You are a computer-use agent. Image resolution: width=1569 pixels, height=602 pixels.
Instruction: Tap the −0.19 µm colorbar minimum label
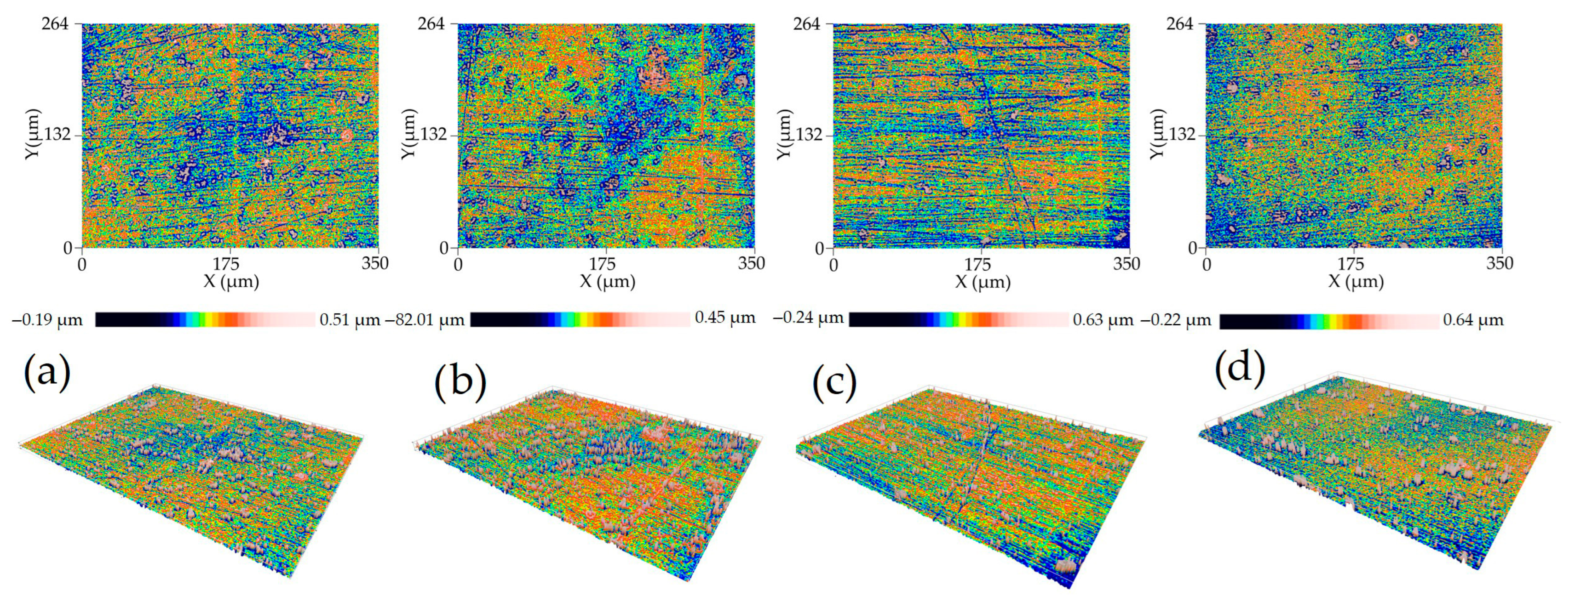[47, 319]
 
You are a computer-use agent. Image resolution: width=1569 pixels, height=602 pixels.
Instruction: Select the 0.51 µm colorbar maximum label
[350, 319]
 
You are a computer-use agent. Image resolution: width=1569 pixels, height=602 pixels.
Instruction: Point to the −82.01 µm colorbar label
[425, 319]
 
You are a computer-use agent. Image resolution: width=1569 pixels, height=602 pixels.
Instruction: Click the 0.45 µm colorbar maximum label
[725, 317]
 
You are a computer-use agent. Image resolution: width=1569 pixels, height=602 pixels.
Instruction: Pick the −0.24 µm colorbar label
[808, 317]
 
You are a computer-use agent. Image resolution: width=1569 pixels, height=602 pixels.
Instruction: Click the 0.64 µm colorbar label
[1473, 319]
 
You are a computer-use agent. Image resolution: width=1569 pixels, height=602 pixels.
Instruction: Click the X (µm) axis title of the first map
[231, 281]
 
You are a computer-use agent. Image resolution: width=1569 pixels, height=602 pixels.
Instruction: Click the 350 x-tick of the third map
[1126, 264]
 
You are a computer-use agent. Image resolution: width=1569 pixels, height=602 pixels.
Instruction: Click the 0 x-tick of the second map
[458, 264]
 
